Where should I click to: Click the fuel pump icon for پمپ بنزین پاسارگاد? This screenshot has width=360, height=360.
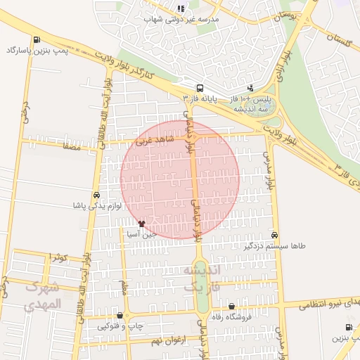click(x=37, y=39)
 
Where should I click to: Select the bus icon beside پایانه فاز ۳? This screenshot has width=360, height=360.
click(x=200, y=89)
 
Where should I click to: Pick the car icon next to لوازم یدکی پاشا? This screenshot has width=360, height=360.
click(x=96, y=195)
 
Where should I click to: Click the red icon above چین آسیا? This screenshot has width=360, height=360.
click(x=141, y=224)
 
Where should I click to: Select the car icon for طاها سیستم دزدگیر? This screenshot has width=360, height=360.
click(x=274, y=235)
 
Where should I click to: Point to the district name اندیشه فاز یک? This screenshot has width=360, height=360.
click(x=202, y=278)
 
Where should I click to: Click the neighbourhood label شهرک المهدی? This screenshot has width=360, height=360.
click(x=44, y=296)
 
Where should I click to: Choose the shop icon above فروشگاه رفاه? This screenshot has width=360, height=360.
click(x=232, y=306)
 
